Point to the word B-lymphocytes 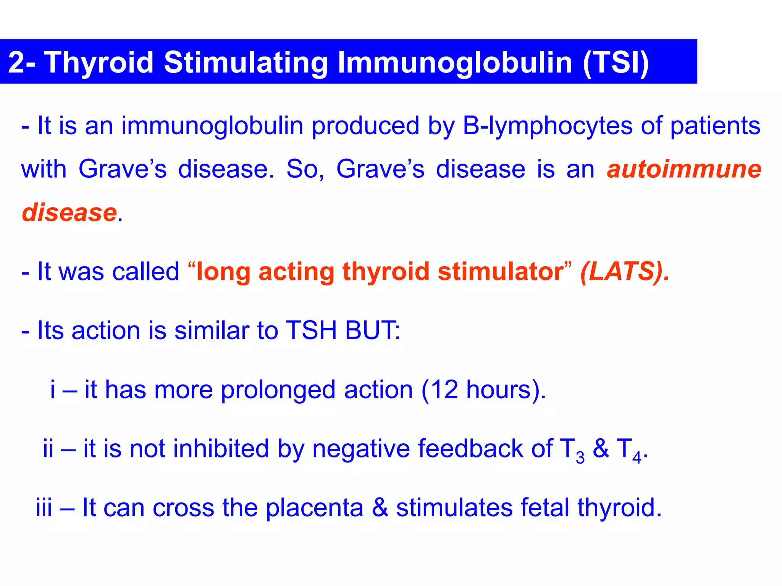point(548,126)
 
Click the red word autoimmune point(684,169)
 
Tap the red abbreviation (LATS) point(624,272)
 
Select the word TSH point(311,330)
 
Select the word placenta point(314,508)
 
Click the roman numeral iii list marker point(44,507)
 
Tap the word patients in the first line point(715,126)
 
